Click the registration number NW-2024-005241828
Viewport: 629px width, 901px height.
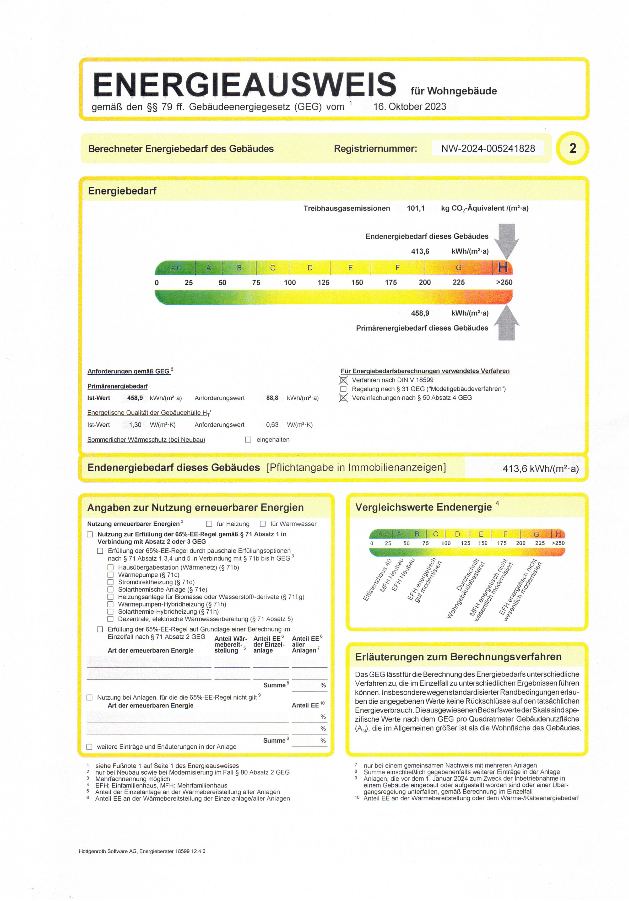(488, 148)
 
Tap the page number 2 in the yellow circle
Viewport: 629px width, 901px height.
(572, 148)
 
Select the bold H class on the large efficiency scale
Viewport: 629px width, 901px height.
(503, 268)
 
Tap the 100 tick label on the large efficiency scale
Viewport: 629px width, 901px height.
(290, 283)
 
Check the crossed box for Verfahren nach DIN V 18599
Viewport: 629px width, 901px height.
(343, 380)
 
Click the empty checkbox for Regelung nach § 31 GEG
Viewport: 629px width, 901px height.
(343, 389)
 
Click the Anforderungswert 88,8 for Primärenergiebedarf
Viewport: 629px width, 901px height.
(272, 398)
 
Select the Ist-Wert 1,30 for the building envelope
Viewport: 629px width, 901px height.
(135, 425)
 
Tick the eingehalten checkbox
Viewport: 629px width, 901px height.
(248, 440)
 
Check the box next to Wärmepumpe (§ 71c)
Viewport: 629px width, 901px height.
(110, 575)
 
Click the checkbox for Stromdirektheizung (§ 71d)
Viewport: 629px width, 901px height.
(110, 582)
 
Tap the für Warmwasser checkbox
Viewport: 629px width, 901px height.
(263, 524)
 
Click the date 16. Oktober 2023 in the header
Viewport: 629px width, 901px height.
(410, 107)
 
